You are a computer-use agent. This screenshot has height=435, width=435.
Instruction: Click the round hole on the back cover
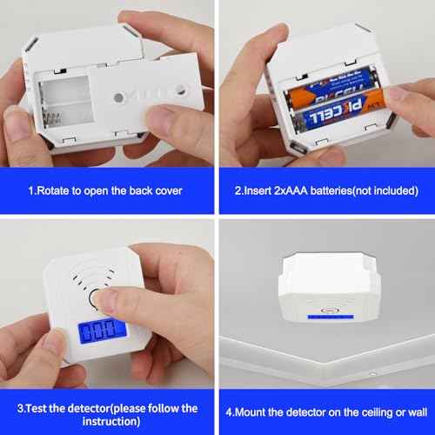(182, 89)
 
